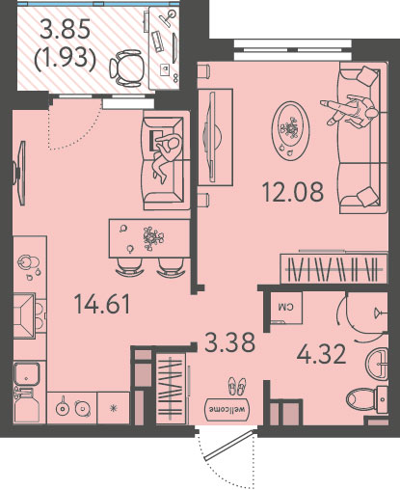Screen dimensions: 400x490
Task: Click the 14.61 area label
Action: tap(102, 305)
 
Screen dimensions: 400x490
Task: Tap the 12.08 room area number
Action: tap(293, 192)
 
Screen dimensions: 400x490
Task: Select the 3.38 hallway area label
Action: tap(229, 342)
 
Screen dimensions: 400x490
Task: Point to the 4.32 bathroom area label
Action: tap(321, 354)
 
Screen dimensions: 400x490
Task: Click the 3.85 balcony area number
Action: tap(65, 30)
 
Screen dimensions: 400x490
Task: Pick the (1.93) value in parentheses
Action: tap(66, 60)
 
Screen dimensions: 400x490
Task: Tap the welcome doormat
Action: tap(227, 410)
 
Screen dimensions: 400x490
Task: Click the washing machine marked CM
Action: tap(286, 308)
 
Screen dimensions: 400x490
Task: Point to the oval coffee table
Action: tap(290, 130)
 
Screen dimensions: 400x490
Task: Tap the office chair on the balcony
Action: tap(126, 68)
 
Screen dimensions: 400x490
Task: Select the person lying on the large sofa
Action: tap(349, 110)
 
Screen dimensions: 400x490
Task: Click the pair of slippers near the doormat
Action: tap(237, 386)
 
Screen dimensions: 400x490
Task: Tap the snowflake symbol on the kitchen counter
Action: tap(113, 408)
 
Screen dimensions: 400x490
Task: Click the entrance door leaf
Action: tap(227, 446)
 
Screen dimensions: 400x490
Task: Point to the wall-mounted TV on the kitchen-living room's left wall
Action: tap(18, 173)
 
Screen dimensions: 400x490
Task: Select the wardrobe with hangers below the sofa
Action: tap(333, 268)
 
